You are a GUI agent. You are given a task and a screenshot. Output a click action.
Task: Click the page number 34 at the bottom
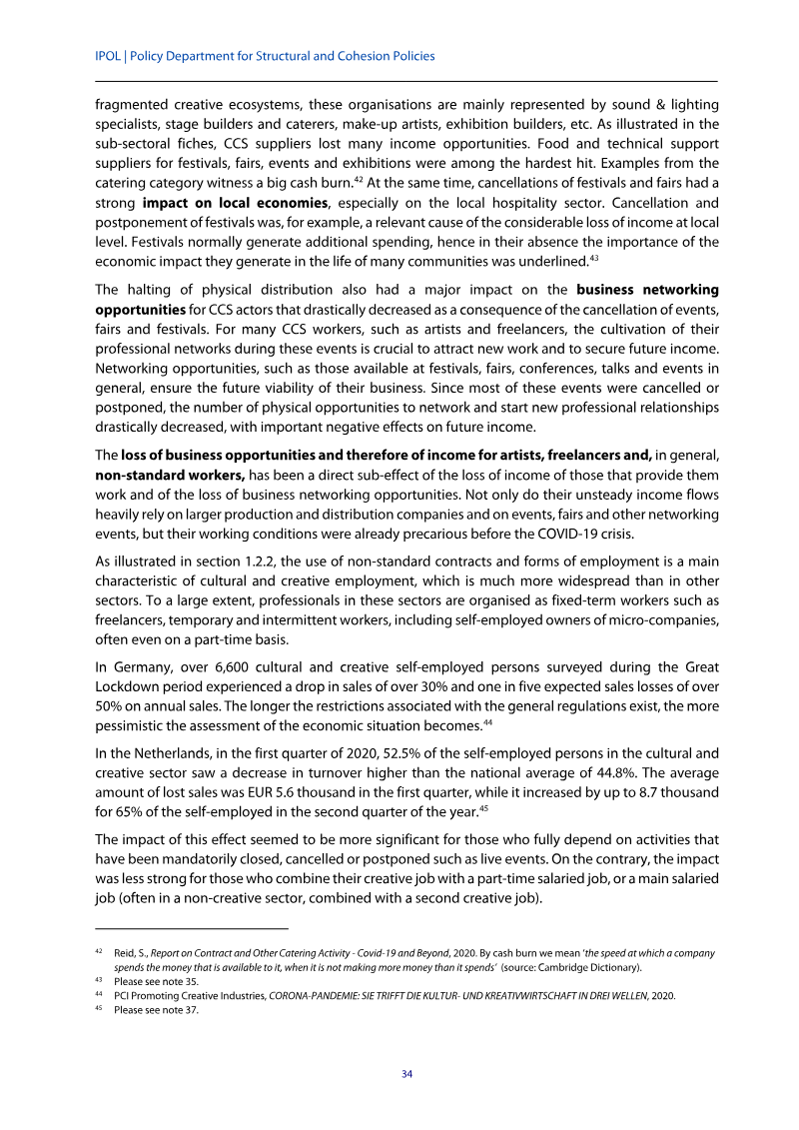coord(406,1074)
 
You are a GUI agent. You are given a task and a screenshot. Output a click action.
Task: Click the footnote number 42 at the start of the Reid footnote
coord(100,953)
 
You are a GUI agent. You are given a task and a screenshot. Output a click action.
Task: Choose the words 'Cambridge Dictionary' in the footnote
coord(593,967)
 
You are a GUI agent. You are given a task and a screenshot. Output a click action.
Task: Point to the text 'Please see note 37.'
coord(156,1009)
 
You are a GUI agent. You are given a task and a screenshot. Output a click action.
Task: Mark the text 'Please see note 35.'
coord(156,981)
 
